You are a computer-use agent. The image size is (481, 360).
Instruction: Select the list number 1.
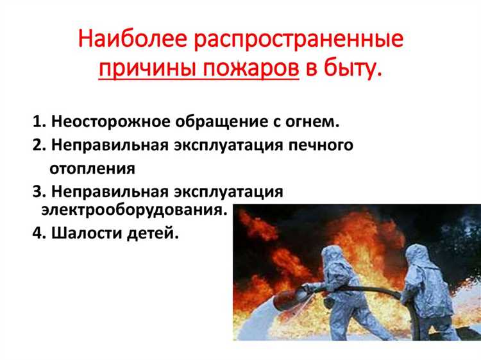pos(37,122)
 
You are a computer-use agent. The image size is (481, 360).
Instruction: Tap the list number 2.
pos(37,145)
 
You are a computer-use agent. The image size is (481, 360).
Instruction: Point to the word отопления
pos(92,168)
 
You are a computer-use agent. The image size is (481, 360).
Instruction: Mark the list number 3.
pos(37,192)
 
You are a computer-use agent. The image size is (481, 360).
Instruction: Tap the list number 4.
pos(37,234)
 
